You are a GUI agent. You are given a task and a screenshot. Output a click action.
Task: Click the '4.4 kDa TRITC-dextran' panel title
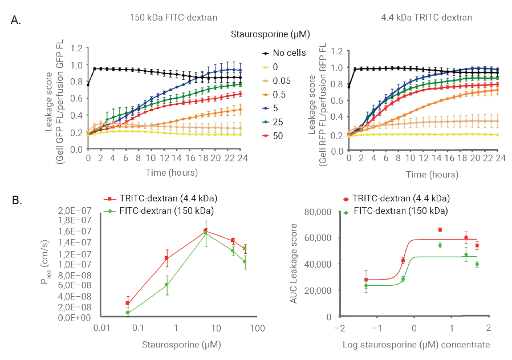coord(426,18)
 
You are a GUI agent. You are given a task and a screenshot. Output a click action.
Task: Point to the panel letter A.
coord(17,21)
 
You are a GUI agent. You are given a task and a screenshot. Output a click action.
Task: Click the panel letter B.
coord(17,200)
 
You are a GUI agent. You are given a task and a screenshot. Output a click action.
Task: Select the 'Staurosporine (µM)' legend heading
coord(270,34)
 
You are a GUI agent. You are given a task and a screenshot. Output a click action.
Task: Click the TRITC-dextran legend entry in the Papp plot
coord(159,198)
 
